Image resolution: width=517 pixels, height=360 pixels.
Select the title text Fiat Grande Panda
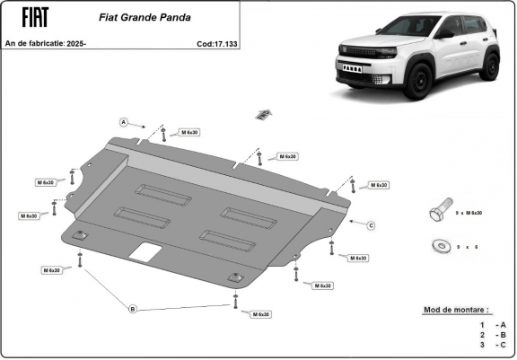click(x=136, y=16)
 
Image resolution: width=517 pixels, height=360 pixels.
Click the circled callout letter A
click(x=124, y=121)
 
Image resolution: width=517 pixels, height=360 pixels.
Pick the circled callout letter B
click(x=133, y=309)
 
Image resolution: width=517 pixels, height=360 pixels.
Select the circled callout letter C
click(x=370, y=224)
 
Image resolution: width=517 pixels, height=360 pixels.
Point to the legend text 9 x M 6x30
click(x=469, y=213)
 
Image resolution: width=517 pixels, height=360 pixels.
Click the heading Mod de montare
click(x=456, y=310)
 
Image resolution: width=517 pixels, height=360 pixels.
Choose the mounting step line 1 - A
click(x=494, y=324)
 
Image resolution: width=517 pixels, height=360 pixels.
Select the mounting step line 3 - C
click(x=494, y=344)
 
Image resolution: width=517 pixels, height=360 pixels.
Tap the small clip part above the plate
click(x=262, y=113)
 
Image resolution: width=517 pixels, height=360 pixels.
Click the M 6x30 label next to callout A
click(x=190, y=133)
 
